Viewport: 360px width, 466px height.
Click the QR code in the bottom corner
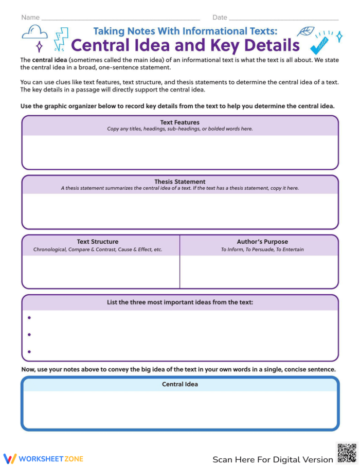point(347,453)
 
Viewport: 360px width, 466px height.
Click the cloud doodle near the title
point(34,33)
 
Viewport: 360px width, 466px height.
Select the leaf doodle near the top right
point(307,31)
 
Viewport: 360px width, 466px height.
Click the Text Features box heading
point(179,122)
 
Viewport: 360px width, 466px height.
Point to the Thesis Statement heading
point(179,182)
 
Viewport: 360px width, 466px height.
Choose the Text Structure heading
point(98,241)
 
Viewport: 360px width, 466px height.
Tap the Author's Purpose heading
point(262,241)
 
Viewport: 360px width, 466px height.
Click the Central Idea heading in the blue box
point(179,384)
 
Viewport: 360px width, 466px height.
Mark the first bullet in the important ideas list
point(29,318)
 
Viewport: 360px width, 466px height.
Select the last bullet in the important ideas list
point(29,352)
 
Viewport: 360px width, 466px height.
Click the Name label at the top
point(30,17)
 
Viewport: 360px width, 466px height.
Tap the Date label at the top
point(220,17)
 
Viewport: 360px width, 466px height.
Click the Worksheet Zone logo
point(44,458)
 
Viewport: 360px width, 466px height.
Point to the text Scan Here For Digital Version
point(273,459)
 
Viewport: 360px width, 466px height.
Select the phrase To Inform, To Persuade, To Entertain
point(262,249)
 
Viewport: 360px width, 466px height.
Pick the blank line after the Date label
point(284,20)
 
